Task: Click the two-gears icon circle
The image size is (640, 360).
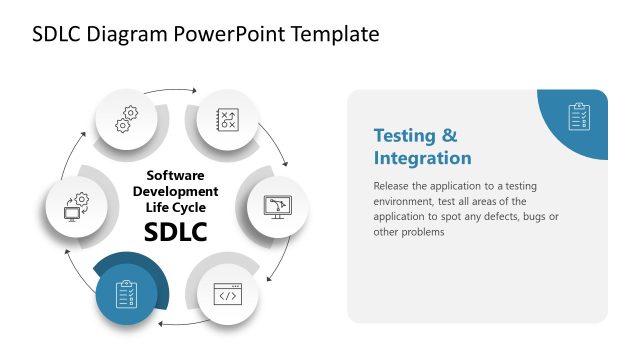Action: click(127, 118)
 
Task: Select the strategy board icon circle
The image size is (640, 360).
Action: click(226, 118)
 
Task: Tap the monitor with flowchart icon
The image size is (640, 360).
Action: click(275, 206)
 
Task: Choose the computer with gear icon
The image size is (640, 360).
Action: click(76, 206)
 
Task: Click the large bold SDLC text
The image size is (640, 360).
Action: click(175, 232)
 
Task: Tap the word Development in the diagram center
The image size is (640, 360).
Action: click(175, 191)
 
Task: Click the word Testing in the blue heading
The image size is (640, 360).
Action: click(404, 135)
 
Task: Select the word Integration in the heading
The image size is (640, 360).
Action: click(422, 158)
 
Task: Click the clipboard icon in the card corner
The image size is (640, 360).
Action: click(579, 116)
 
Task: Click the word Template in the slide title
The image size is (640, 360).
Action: click(335, 34)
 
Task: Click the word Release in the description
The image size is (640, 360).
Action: click(391, 186)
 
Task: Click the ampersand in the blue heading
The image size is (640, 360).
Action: click(449, 135)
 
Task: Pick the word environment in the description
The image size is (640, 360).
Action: click(408, 201)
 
